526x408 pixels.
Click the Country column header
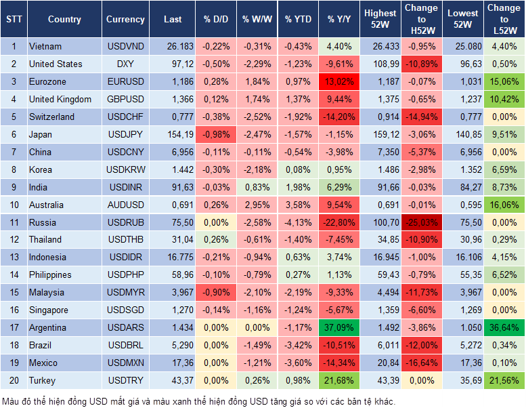64,20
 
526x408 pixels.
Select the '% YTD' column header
298,20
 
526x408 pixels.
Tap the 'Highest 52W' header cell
380,19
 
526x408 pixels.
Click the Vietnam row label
45,47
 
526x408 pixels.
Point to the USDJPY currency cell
125,134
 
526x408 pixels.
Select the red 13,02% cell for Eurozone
339,82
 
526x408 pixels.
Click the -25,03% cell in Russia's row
421,222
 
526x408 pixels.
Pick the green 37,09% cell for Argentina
339,327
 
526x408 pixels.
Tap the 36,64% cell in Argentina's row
504,327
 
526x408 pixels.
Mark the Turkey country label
43,380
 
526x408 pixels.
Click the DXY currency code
125,64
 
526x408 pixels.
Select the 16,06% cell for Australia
504,205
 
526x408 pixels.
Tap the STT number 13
13,258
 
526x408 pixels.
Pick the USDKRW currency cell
125,169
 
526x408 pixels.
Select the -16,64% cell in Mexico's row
421,363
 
